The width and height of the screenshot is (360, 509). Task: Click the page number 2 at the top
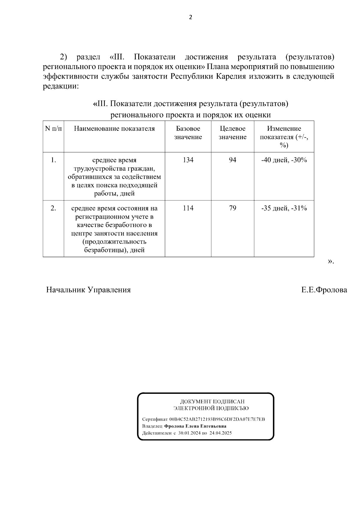tap(190, 17)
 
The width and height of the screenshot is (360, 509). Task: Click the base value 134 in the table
tap(188, 160)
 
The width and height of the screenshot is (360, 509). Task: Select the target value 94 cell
tap(232, 160)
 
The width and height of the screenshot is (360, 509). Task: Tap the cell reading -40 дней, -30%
tap(284, 160)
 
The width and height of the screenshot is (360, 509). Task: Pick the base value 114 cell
tap(188, 208)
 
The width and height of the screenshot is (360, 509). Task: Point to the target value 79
tap(232, 208)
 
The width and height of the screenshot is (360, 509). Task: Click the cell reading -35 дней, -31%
tap(284, 208)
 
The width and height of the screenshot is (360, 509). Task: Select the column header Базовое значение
tap(188, 133)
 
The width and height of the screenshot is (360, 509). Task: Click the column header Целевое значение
tap(232, 133)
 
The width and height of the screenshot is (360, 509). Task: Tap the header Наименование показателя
tap(114, 129)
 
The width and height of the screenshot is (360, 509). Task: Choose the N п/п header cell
tap(53, 129)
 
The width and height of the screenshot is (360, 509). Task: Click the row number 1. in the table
tap(53, 160)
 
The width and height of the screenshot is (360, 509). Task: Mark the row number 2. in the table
tap(53, 208)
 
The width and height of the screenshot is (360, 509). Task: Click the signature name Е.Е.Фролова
tap(324, 290)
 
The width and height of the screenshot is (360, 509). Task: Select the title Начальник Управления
tap(88, 290)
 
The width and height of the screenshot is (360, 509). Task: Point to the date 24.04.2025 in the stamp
tap(220, 433)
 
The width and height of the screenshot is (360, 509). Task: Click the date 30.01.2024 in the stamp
tap(189, 433)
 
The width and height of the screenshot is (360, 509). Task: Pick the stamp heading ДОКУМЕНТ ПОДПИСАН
tap(212, 401)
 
